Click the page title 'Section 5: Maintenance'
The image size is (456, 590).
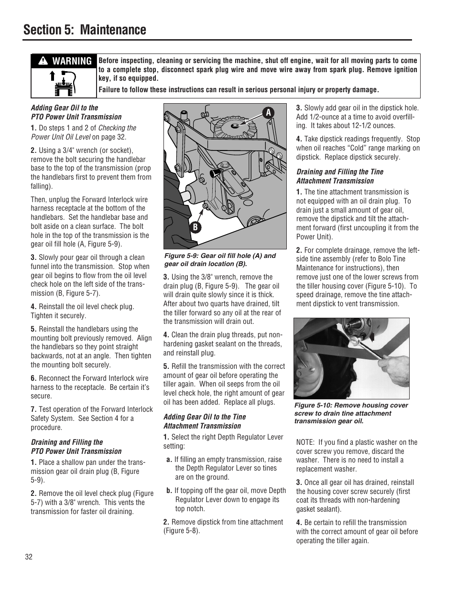[84, 30]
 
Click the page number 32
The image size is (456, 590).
[29, 558]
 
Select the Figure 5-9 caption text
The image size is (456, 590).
[220, 259]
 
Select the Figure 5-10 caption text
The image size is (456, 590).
[351, 413]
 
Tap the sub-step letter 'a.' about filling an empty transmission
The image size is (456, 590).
[169, 460]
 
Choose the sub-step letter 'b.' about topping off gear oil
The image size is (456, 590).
[169, 491]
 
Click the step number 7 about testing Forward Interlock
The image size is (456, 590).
[33, 409]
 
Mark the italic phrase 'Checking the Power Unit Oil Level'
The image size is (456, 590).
[84, 132]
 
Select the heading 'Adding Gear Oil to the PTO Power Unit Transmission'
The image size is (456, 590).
[76, 112]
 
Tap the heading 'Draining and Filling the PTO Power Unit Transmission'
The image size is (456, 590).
[76, 447]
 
